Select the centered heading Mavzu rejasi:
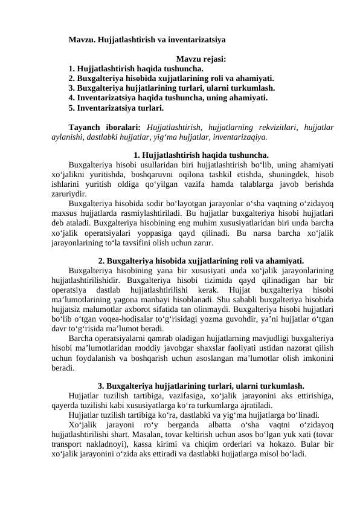[201, 59]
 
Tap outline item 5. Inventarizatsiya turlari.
[116, 109]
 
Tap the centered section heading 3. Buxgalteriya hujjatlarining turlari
[201, 385]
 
